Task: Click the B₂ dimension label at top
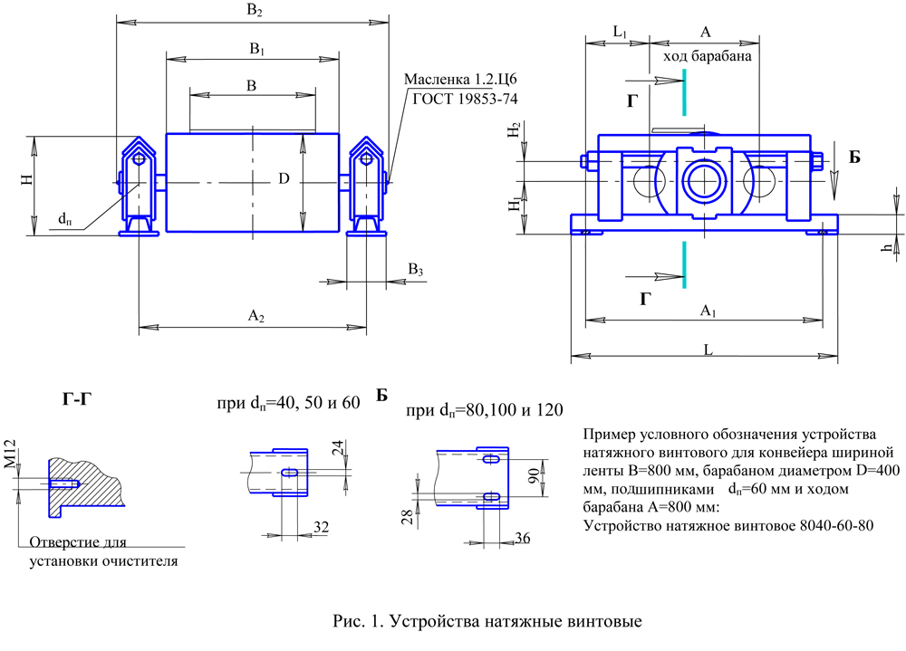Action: coord(255,12)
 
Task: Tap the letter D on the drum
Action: coord(284,180)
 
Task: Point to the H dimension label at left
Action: coord(28,180)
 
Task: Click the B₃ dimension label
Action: coord(415,270)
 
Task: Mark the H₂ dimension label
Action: coord(515,132)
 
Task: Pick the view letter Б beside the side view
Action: coord(853,158)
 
